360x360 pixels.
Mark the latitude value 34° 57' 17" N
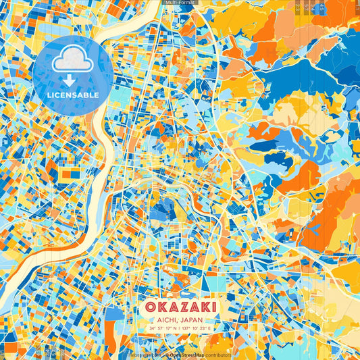click(x=162, y=329)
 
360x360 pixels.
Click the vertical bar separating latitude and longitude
click(x=180, y=329)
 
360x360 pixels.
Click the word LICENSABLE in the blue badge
click(x=72, y=95)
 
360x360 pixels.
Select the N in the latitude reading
click(x=174, y=329)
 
